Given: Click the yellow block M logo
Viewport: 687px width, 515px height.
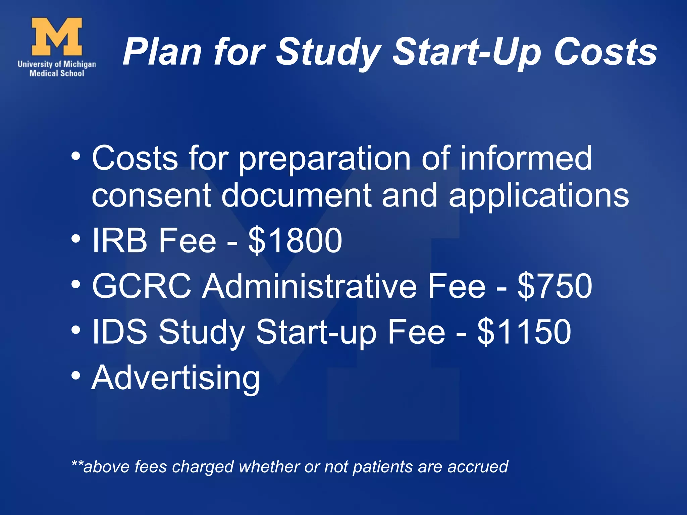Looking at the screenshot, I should point(57,37).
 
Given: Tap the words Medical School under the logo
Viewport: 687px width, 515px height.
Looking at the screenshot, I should point(57,73).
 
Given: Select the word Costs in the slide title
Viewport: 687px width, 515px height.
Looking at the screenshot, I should point(605,52).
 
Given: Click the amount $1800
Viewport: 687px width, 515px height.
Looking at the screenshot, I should point(295,240).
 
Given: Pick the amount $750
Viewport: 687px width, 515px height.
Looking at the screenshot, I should point(555,286).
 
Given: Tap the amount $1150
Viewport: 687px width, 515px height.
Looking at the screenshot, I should point(524,332).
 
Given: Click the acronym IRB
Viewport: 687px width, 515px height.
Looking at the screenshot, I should point(119,240).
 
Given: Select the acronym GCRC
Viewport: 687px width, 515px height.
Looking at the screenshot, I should point(142,286).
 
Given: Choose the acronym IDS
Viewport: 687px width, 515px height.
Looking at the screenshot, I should point(119,332).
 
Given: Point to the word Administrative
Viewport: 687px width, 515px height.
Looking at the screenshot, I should point(310,286).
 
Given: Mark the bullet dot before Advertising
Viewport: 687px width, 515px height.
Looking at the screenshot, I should point(76,375).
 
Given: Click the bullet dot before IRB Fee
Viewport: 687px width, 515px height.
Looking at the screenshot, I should point(76,238).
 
